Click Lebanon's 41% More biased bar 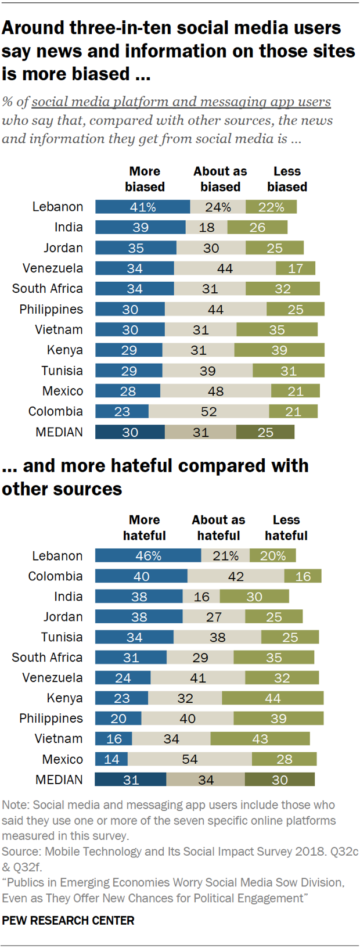point(142,207)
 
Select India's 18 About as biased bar point(207,227)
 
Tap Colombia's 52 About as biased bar point(208,411)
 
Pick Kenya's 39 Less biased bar point(279,350)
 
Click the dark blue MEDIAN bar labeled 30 point(130,432)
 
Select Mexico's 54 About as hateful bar point(190,759)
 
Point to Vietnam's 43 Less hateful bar point(260,738)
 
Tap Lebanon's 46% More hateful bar point(148,555)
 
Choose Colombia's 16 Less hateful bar point(303,576)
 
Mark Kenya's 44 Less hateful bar point(273,698)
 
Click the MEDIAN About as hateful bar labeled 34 point(206,780)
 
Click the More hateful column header point(144,527)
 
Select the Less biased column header point(287,179)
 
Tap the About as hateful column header point(218,527)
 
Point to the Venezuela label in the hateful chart point(52,677)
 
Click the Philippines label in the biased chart point(51,309)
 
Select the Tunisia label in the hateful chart point(62,637)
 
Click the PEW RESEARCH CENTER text point(68,920)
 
